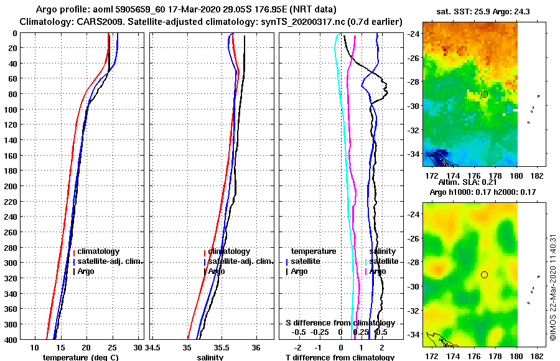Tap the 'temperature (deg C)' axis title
tap(80, 357)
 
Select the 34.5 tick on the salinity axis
tap(154, 347)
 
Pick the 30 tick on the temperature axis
tap(138, 347)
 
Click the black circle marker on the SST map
tap(484, 94)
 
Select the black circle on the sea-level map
tap(484, 274)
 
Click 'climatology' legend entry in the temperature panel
tap(98, 251)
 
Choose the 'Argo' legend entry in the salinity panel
tap(217, 271)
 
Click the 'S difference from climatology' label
tap(340, 323)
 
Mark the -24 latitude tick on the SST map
tap(413, 34)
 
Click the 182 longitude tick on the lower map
tap(539, 356)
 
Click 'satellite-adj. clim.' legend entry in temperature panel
tap(111, 261)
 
